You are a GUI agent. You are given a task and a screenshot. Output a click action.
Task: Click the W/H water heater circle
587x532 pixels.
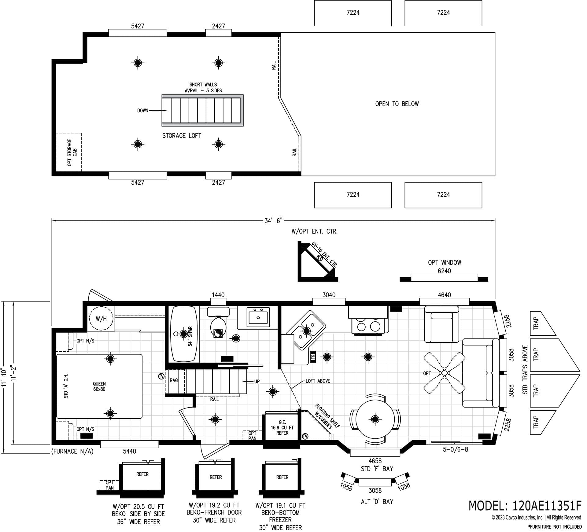tap(101, 319)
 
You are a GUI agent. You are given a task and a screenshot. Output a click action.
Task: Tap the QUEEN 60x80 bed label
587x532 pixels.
tap(99, 386)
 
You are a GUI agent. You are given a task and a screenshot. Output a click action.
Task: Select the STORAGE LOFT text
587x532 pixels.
tap(182, 136)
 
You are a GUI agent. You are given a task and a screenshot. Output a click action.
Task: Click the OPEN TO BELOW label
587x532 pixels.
tap(397, 104)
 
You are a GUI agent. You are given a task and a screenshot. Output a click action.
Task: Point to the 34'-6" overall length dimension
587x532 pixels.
tap(273, 221)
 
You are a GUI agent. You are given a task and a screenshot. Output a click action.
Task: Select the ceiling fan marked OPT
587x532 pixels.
tap(444, 373)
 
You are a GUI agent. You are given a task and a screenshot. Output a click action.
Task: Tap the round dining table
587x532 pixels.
tap(375, 419)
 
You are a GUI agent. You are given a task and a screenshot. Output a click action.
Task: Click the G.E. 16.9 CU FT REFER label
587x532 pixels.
tap(282, 428)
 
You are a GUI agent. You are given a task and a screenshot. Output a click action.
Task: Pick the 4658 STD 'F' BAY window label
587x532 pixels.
tap(375, 464)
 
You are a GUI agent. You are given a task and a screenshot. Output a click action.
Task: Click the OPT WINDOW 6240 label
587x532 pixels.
tap(444, 267)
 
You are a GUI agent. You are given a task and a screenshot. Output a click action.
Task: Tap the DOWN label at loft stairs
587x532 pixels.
tap(142, 111)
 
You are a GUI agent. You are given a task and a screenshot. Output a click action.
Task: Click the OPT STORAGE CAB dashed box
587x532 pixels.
tap(69, 152)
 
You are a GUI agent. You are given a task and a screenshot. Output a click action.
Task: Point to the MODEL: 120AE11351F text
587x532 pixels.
tap(525, 506)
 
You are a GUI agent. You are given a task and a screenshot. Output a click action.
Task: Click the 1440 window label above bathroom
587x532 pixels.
tap(218, 295)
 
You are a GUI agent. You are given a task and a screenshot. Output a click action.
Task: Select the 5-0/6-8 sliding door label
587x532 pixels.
tap(456, 449)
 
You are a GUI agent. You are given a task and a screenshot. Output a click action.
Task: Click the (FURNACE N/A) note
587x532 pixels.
tap(72, 451)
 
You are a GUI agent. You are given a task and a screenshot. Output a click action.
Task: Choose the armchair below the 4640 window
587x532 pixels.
tap(441, 324)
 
